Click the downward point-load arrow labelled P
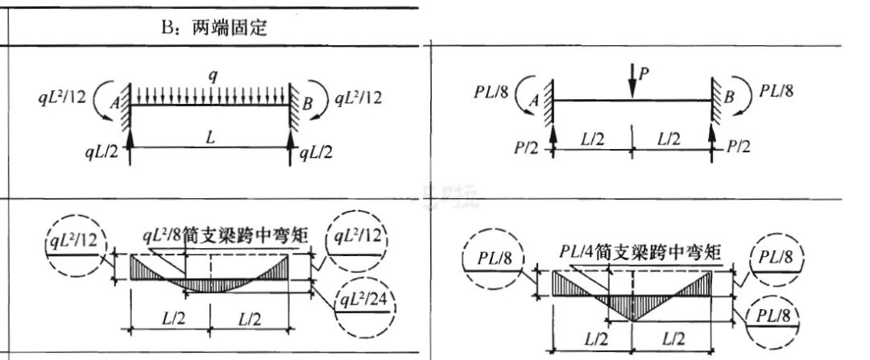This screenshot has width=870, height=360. (632, 84)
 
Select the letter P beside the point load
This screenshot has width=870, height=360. (643, 73)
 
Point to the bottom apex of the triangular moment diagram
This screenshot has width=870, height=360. (632, 320)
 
